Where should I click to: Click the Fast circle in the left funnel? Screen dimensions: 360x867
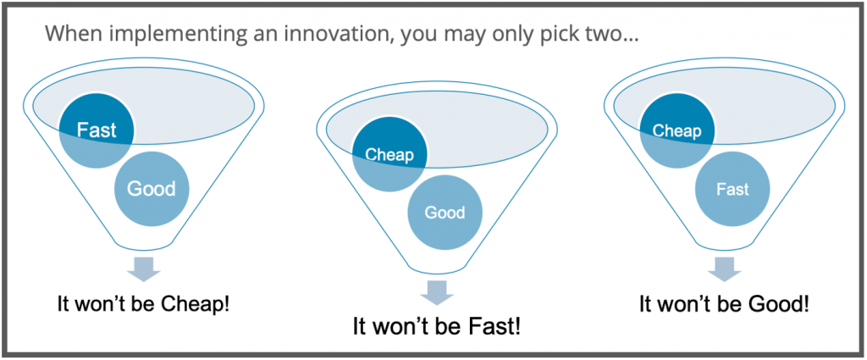pyautogui.click(x=97, y=130)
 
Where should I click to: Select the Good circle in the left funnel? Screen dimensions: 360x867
pyautogui.click(x=152, y=188)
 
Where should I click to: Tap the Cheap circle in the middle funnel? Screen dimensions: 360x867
pyautogui.click(x=389, y=154)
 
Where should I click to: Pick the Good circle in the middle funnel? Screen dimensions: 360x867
pyautogui.click(x=445, y=212)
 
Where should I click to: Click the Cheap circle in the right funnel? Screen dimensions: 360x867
pyautogui.click(x=676, y=130)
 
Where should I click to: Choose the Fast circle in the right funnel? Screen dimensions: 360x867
pyautogui.click(x=732, y=189)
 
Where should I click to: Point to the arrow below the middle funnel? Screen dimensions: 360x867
pyautogui.click(x=435, y=293)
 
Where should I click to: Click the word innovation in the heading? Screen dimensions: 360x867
pyautogui.click(x=282, y=35)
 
